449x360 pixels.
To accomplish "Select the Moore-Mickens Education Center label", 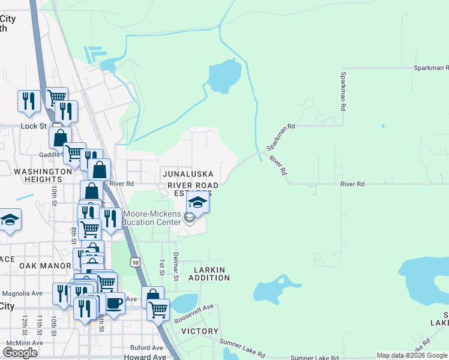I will click(152, 218).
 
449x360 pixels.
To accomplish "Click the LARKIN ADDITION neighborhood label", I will click(209, 273).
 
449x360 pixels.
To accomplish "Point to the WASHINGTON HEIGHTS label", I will click(43, 175).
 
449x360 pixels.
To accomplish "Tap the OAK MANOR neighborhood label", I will click(37, 265).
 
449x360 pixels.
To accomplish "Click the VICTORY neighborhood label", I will click(199, 331).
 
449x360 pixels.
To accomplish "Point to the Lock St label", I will click(34, 126).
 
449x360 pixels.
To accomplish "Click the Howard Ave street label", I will click(145, 356).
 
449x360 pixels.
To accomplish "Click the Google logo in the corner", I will click(20, 352).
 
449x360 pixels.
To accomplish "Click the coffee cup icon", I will click(114, 302).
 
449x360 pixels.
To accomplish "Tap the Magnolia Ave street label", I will click(23, 293).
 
